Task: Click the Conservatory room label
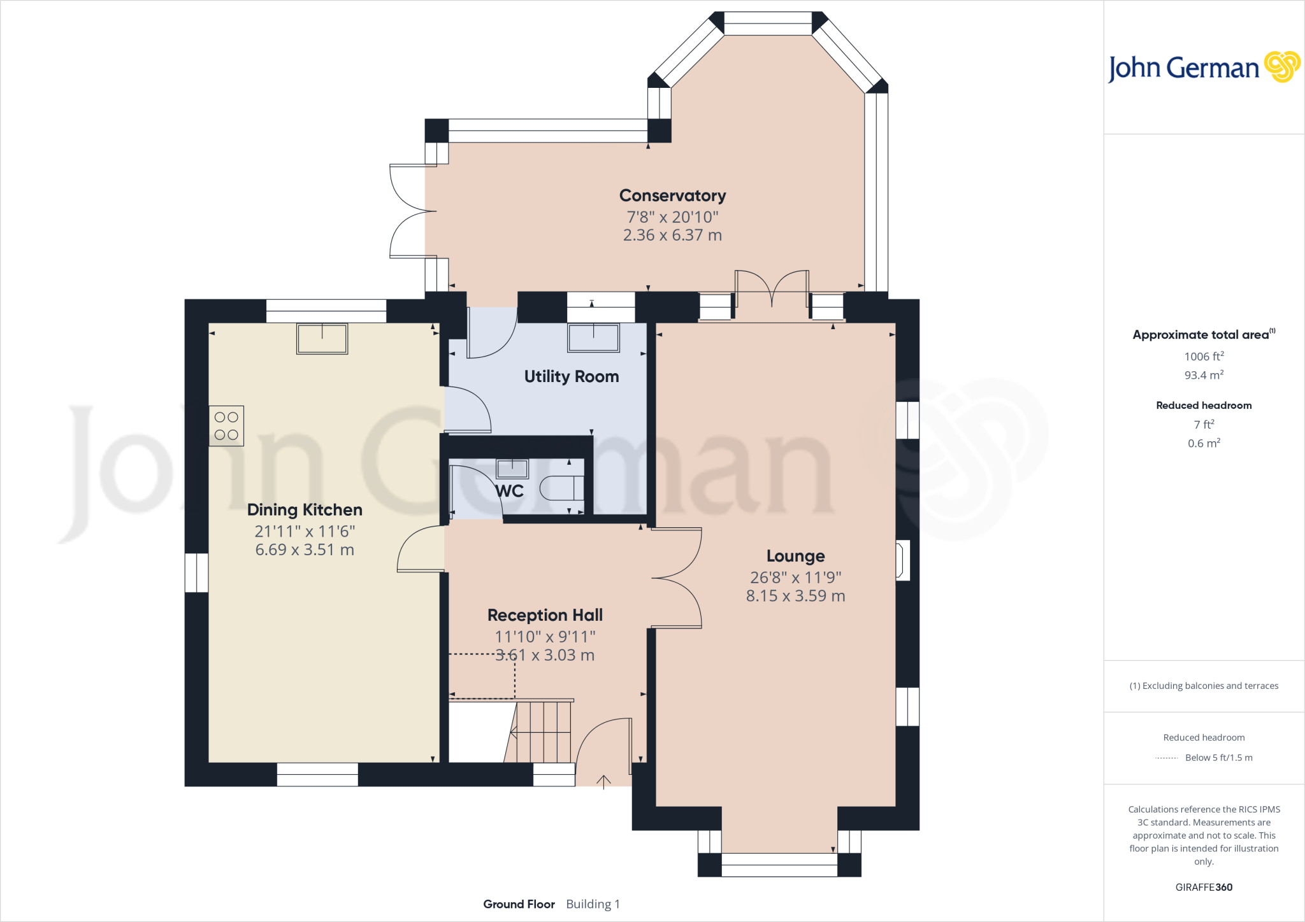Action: (672, 195)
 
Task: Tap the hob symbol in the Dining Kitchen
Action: (226, 426)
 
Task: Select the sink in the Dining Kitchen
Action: (322, 338)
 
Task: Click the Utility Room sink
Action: (593, 337)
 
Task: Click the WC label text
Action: (510, 491)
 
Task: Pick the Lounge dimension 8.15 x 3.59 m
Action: (795, 596)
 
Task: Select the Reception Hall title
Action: (545, 615)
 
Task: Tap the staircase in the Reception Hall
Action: (542, 732)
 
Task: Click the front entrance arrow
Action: (603, 782)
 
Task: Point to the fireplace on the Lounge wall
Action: (902, 560)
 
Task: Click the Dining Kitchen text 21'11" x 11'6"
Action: (305, 531)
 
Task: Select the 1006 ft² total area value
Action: (1204, 357)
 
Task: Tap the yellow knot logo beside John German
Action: (1281, 67)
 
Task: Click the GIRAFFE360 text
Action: (1204, 887)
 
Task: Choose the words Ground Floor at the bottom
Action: (519, 904)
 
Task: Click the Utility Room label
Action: (572, 376)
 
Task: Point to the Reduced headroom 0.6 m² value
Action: (1204, 443)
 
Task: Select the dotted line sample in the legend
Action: (1166, 758)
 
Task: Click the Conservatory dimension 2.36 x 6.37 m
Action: (672, 235)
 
